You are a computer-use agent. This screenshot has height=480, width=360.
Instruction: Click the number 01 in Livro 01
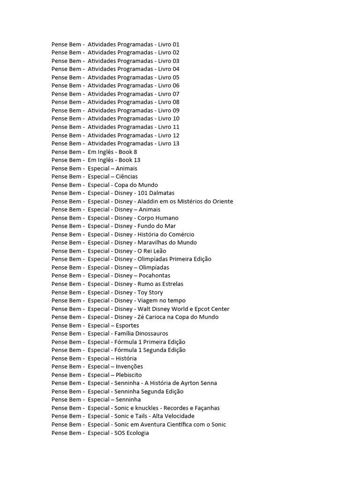pos(175,44)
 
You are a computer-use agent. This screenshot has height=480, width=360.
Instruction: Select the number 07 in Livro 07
pos(175,94)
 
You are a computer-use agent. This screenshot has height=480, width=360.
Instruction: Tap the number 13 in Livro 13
pos(175,143)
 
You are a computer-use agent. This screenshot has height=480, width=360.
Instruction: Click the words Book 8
pos(128,152)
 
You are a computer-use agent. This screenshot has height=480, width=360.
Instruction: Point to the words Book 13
pos(129,160)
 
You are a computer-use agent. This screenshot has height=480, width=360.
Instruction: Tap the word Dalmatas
pos(162,193)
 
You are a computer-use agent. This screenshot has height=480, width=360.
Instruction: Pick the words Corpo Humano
pos(158,218)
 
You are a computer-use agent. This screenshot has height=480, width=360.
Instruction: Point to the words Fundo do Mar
pos(157,226)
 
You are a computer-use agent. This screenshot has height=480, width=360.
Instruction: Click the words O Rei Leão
pos(152,251)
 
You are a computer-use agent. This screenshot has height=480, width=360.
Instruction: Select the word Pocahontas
pos(154,276)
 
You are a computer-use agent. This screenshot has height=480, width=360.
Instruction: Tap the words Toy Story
pos(150,292)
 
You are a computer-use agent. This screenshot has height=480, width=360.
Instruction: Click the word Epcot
pos(202,309)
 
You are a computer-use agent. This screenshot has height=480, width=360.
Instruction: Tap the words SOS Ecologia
pos(132,433)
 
